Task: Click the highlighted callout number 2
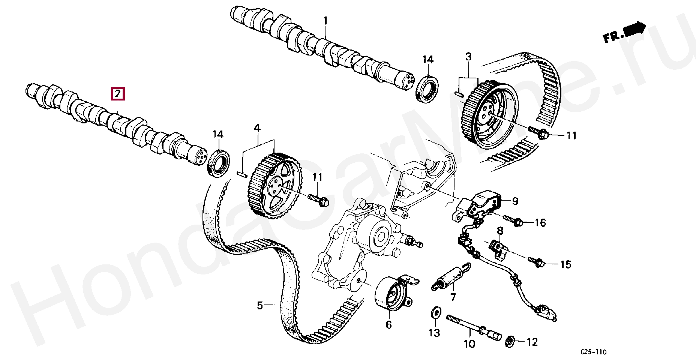tap(118, 93)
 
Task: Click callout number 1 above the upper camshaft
tap(325, 21)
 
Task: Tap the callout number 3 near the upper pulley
tap(468, 57)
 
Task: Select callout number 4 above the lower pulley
tap(256, 128)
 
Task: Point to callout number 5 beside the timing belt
tap(260, 306)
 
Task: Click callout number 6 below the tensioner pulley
tap(388, 324)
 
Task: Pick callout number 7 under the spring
tap(453, 298)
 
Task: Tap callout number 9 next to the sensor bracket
tap(515, 201)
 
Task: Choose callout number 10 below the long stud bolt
tap(469, 343)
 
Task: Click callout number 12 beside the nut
tap(532, 342)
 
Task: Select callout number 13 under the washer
tap(434, 332)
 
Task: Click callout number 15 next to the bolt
tap(565, 265)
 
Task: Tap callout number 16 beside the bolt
tap(540, 223)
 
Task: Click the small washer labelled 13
tap(435, 312)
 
